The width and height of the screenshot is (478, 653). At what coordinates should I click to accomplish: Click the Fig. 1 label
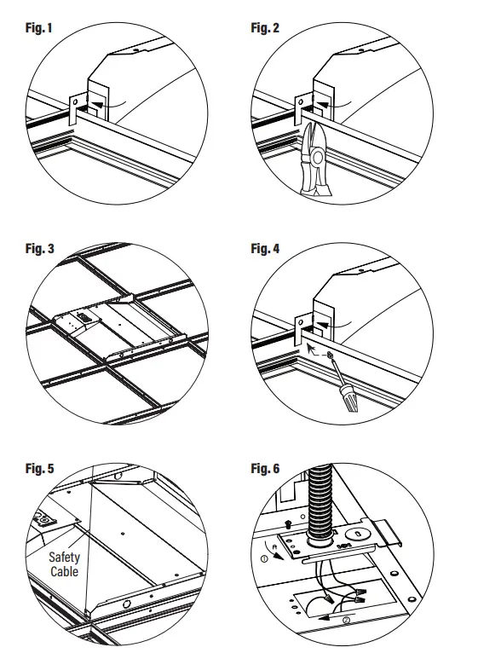38,28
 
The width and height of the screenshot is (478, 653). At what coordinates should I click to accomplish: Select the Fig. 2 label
265,28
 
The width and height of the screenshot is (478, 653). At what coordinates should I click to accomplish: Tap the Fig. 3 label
39,248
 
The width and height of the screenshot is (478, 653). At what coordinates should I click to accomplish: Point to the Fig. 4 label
265,248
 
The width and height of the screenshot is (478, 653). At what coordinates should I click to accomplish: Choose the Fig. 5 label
39,468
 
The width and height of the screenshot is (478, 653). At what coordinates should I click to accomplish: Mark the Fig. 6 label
265,468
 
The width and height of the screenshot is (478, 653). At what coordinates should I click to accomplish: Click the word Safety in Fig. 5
64,558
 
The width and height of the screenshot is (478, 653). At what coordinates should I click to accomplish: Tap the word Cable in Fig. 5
64,571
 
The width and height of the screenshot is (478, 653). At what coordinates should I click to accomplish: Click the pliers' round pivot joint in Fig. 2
318,158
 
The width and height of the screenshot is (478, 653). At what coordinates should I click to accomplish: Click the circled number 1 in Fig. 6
264,558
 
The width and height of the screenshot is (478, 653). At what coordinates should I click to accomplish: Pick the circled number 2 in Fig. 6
347,620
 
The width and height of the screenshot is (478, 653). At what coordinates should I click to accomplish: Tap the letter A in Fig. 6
274,546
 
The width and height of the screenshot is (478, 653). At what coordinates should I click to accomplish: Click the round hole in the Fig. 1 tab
75,101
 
